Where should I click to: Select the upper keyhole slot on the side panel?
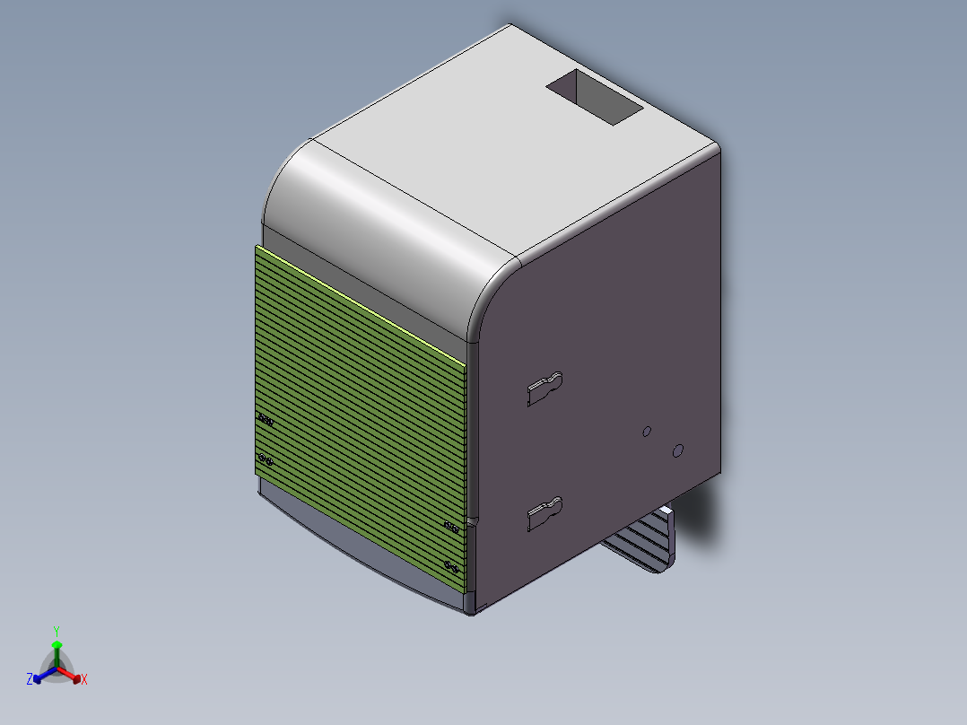[x=544, y=388]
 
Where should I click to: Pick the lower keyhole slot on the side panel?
[x=544, y=513]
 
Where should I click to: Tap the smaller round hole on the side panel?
[x=646, y=432]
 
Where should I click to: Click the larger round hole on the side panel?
[x=678, y=450]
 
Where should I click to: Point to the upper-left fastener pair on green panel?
[x=266, y=419]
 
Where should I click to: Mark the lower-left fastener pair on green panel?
[x=266, y=460]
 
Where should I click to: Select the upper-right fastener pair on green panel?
[x=452, y=526]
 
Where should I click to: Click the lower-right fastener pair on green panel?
[x=452, y=565]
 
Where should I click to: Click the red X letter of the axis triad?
[x=84, y=680]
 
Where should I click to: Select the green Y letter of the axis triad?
[x=57, y=631]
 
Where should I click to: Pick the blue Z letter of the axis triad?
[x=30, y=680]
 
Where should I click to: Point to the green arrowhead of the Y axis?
[x=57, y=645]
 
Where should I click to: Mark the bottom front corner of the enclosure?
[x=472, y=611]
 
